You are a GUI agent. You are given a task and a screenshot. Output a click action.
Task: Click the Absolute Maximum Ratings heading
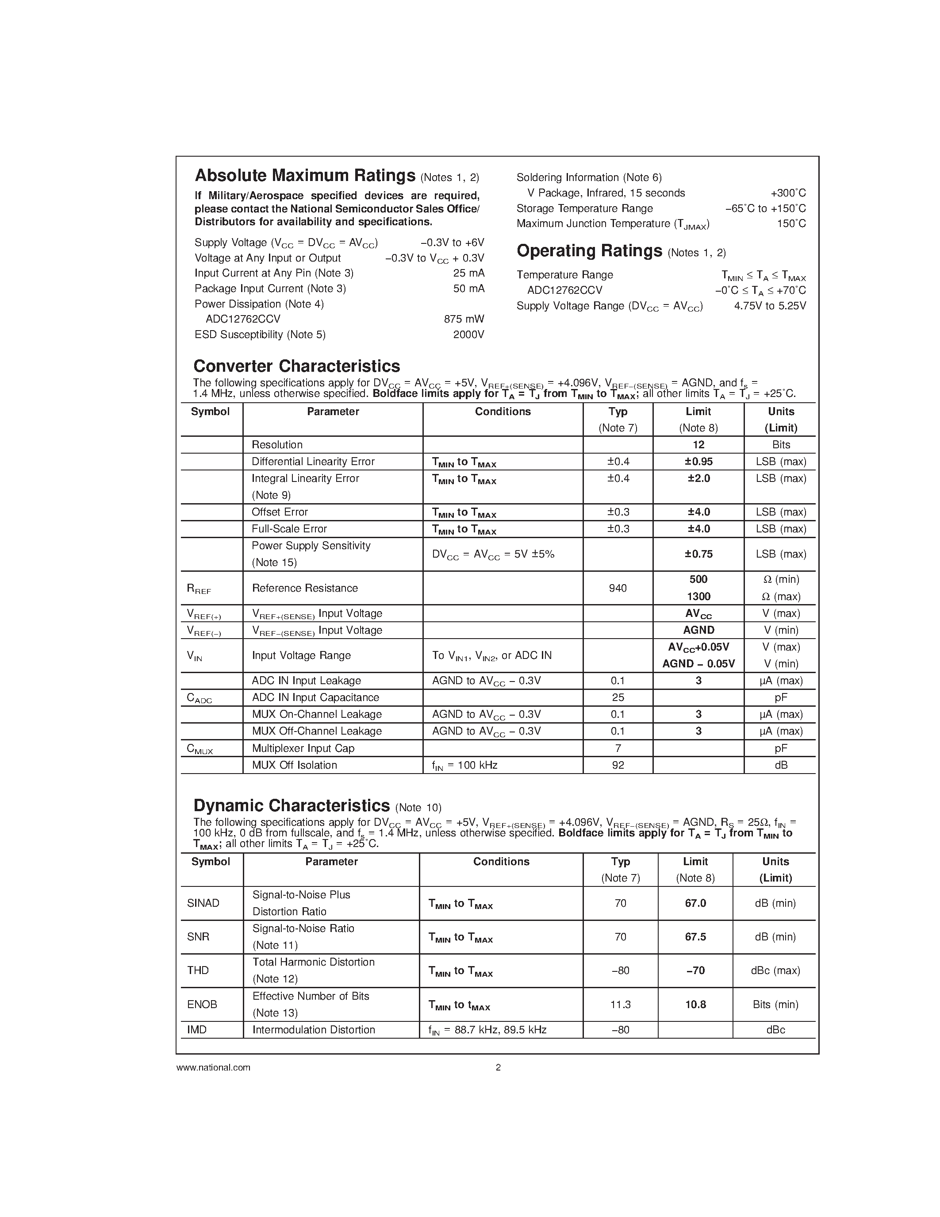(305, 176)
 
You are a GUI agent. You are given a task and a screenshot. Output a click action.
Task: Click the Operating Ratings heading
(589, 251)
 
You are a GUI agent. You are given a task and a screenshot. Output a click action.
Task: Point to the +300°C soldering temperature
(787, 193)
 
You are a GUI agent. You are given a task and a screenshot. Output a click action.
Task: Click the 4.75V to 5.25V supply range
(770, 306)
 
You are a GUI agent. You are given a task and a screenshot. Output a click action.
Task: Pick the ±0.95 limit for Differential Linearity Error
(698, 462)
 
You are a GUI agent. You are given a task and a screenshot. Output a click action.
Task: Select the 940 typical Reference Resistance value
(618, 588)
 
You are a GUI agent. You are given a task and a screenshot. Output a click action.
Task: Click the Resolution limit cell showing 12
(698, 445)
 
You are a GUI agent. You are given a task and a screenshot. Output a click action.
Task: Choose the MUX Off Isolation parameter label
(294, 765)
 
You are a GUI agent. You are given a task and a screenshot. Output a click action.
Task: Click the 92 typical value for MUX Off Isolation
(618, 765)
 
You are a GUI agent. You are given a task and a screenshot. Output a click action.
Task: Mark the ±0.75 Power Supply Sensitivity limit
(698, 554)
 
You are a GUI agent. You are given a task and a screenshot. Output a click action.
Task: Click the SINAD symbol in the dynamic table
(203, 903)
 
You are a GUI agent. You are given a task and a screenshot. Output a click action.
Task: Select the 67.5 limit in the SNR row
(695, 937)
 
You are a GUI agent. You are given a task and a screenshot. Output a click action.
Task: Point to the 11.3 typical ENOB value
(620, 1004)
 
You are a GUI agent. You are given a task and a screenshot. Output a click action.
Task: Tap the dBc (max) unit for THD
(775, 970)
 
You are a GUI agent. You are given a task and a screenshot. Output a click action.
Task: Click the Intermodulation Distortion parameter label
(314, 1030)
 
